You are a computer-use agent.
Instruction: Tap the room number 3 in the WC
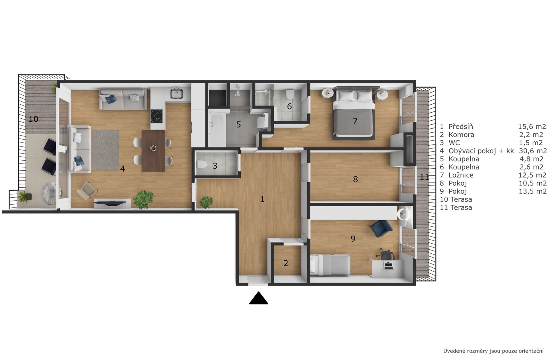tap(215, 166)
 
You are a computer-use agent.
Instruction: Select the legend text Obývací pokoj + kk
tap(481, 151)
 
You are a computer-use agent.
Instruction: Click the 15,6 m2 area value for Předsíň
tap(532, 126)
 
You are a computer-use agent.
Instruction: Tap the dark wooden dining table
tap(153, 151)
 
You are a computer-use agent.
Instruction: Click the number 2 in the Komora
tap(286, 263)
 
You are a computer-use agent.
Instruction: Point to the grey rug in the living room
tap(106, 150)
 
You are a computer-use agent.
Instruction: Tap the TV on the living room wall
tap(110, 203)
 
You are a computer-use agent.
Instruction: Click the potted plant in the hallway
tap(206, 202)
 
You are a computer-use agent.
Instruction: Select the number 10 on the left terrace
tap(33, 119)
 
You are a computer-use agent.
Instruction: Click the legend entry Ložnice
tap(461, 175)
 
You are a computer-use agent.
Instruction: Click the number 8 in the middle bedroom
tap(355, 179)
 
